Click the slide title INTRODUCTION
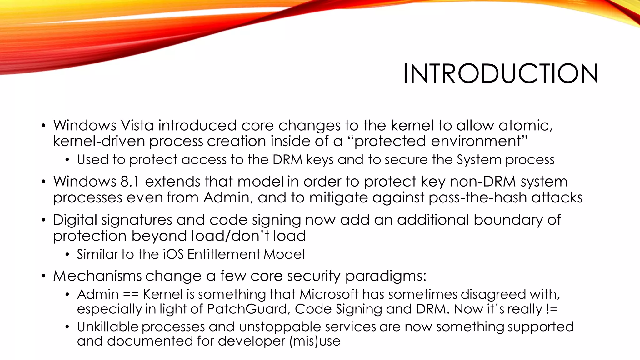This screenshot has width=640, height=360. [x=500, y=74]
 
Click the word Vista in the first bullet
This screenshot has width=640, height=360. [x=137, y=125]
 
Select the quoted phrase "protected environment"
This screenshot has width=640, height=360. [x=437, y=141]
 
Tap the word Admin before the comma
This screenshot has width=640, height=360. [x=227, y=197]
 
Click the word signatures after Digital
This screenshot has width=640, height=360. [x=137, y=220]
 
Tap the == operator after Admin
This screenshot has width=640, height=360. [x=131, y=295]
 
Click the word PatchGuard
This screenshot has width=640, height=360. [x=247, y=309]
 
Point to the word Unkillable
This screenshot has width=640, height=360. [x=107, y=327]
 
